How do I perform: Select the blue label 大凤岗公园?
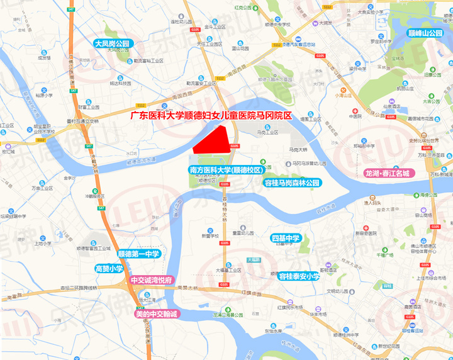[x=112, y=44]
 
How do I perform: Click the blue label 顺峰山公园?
[x=425, y=33]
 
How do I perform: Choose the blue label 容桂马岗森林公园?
[x=291, y=183]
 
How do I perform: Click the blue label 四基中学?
[x=287, y=239]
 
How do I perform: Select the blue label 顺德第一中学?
[x=140, y=253]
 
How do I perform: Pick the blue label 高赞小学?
[x=109, y=268]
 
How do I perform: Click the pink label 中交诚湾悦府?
[x=152, y=280]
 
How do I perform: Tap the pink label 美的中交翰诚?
[x=157, y=313]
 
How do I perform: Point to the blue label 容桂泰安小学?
[x=299, y=276]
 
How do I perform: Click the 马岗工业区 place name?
[x=267, y=133]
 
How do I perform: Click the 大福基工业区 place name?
[x=229, y=270]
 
